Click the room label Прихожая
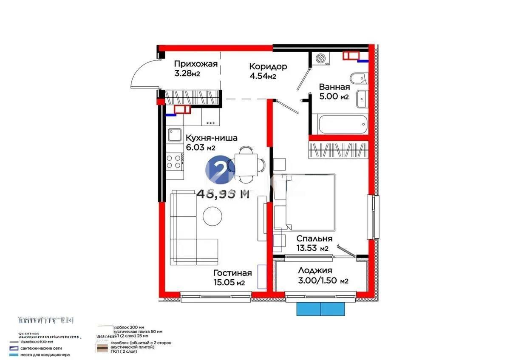(x=195, y=64)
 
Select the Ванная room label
(x=334, y=87)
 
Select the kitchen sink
(x=174, y=135)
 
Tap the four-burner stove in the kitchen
(x=174, y=161)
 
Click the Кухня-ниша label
(x=211, y=138)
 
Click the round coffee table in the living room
(x=212, y=216)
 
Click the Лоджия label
(x=315, y=270)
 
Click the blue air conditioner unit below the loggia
(x=321, y=309)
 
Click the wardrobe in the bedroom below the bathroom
(x=337, y=150)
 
